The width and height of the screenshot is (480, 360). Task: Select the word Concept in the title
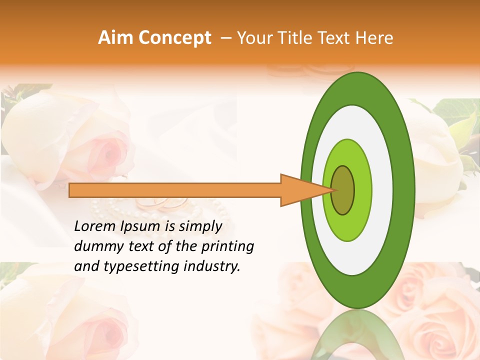174,38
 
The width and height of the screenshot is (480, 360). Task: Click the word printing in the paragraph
228,247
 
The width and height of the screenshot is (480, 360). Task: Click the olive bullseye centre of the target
343,190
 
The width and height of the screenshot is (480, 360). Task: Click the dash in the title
225,38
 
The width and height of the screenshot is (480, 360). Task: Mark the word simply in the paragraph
200,227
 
